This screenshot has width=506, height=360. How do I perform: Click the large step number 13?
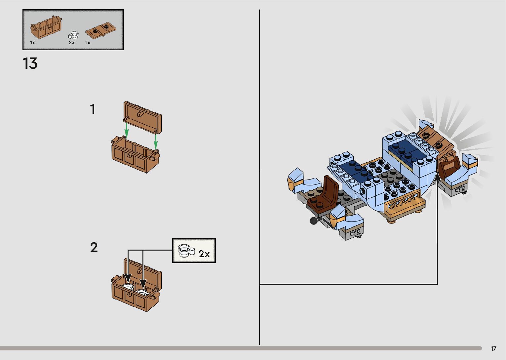(x=30, y=63)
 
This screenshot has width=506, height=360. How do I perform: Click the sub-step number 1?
(x=93, y=109)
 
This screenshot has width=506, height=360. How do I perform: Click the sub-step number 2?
(x=94, y=247)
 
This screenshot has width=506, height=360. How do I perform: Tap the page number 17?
(x=493, y=349)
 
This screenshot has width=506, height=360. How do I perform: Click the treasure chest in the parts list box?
(x=46, y=28)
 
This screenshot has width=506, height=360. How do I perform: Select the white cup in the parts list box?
(x=74, y=35)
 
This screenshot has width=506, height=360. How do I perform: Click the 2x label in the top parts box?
(x=72, y=43)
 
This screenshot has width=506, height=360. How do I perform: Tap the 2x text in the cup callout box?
(x=204, y=254)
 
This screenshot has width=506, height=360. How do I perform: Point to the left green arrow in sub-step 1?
(x=126, y=130)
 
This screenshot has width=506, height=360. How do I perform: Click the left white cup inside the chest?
(x=128, y=287)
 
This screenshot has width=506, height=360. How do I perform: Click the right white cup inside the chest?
(x=142, y=292)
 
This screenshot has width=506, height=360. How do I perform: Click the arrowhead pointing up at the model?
(x=437, y=178)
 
